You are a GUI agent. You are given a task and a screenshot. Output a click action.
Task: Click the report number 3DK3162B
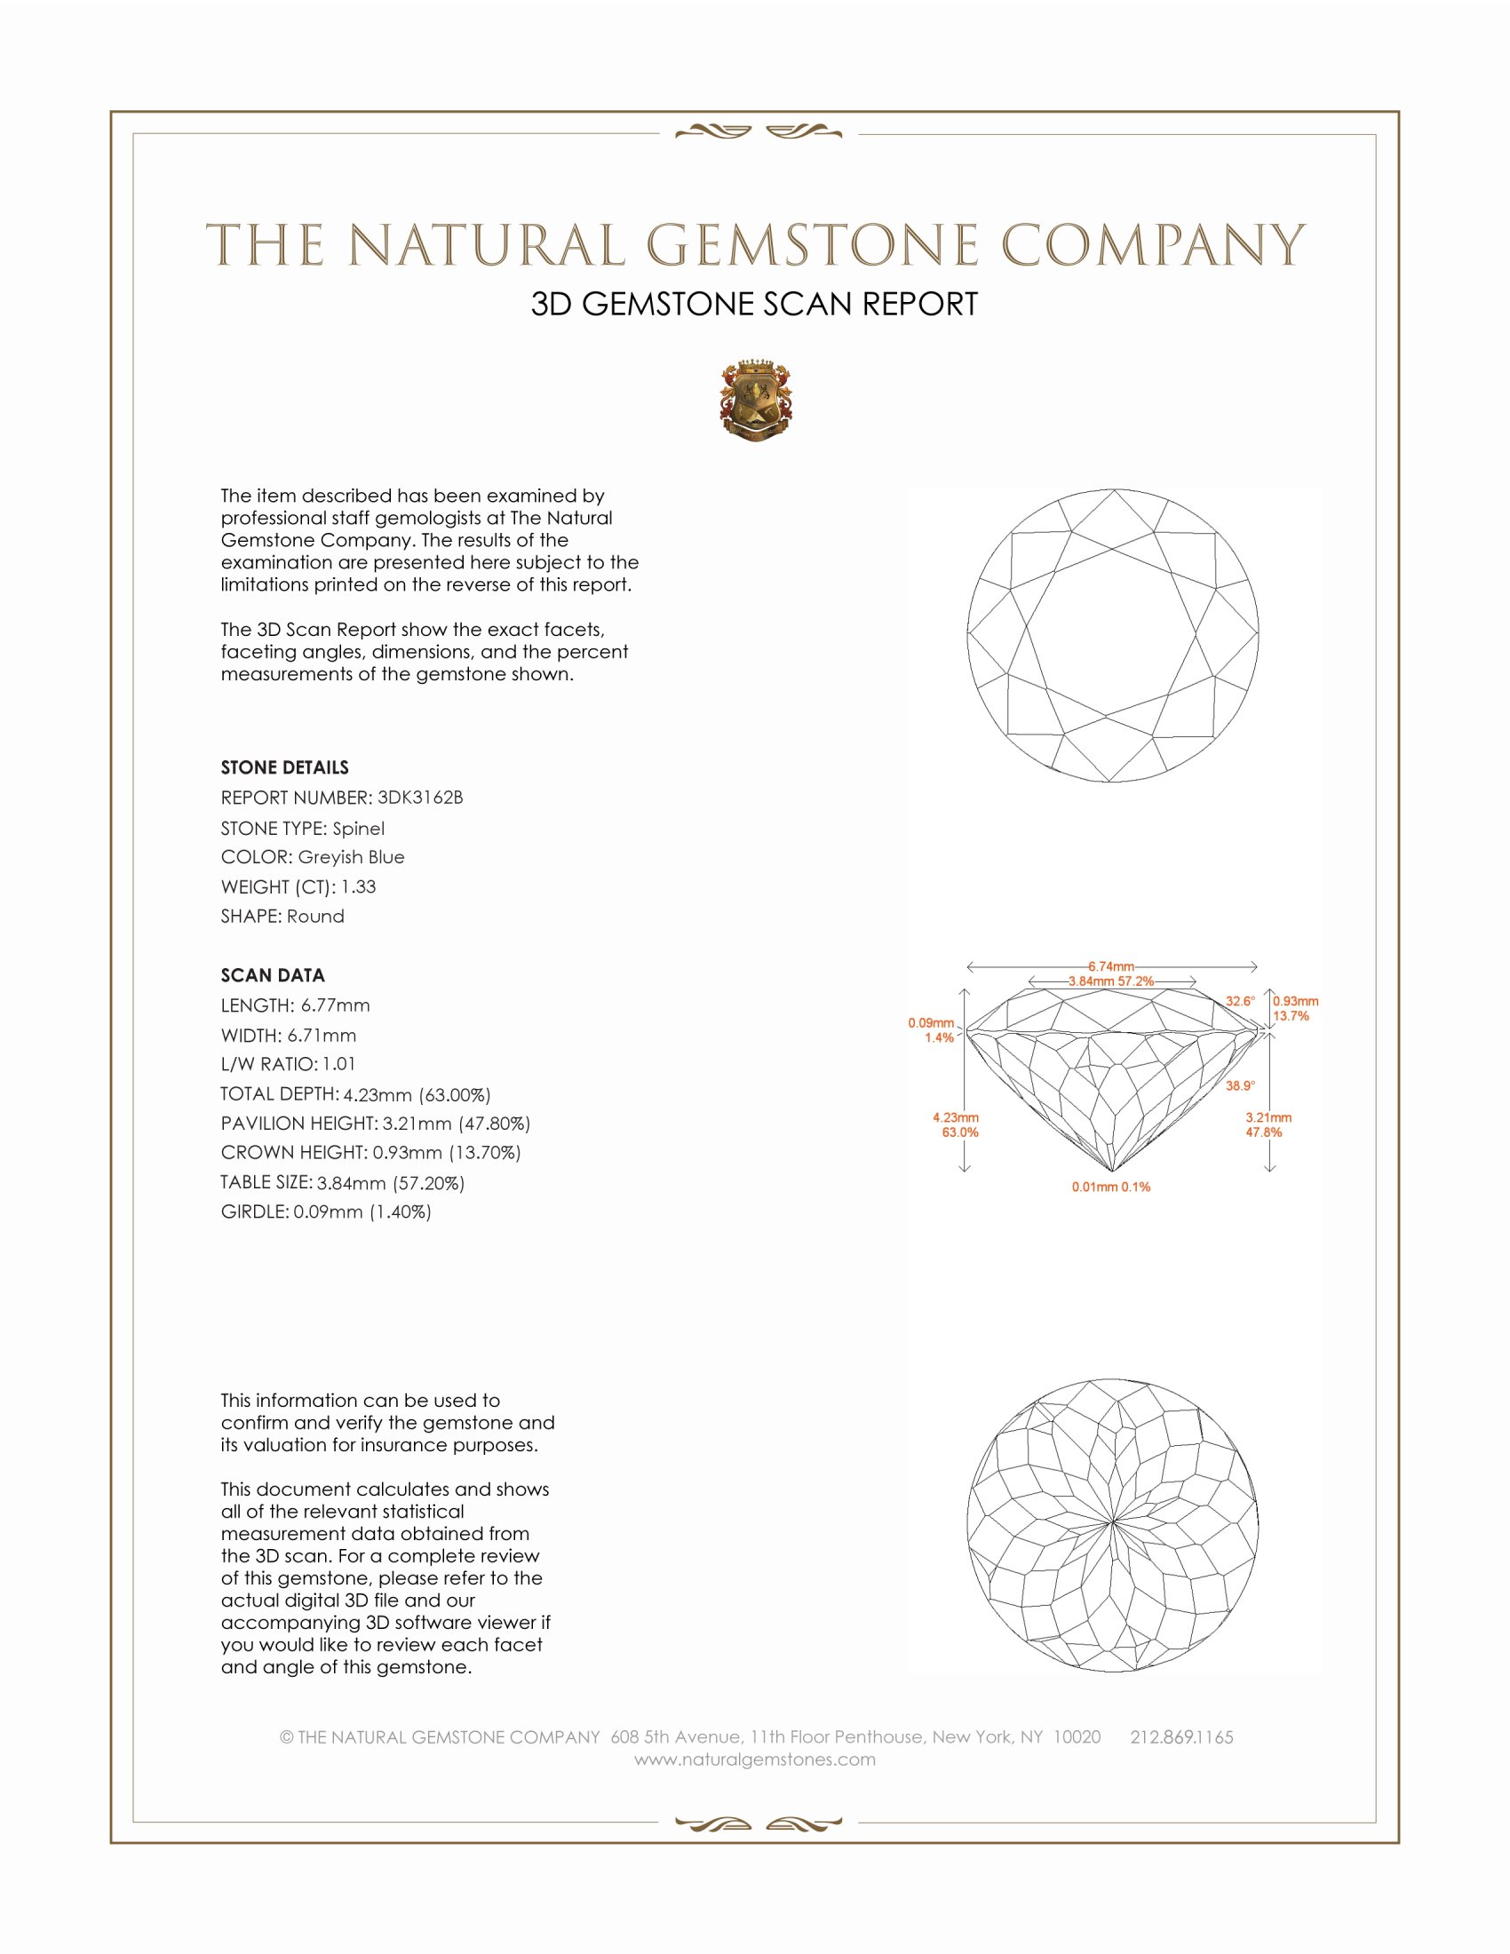pos(419,798)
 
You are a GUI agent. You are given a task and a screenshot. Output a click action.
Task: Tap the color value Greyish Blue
pos(351,857)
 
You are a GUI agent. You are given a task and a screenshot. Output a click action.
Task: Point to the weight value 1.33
pos(358,886)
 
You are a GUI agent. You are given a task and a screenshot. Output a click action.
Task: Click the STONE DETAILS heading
pos(284,767)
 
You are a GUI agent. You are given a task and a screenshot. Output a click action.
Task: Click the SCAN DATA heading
pos(273,975)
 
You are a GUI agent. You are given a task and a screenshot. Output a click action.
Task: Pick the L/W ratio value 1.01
pos(339,1065)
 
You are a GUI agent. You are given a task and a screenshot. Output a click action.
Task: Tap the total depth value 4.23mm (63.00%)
pos(417,1094)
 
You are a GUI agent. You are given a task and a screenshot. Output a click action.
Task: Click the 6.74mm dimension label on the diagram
pos(1110,966)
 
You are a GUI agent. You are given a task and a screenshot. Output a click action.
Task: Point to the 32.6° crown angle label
pos(1239,1001)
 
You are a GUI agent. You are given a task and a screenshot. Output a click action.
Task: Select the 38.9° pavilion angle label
pos(1239,1085)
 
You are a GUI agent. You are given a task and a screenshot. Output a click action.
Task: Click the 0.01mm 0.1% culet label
pos(1110,1187)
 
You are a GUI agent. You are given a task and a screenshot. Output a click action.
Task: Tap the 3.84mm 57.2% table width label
pos(1110,981)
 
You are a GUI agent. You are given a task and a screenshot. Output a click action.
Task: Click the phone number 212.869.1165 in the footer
pos(1180,1737)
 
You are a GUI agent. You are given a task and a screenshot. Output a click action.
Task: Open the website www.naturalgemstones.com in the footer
pos(755,1759)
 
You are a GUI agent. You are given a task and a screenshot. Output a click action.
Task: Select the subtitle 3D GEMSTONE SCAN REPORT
pos(754,304)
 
